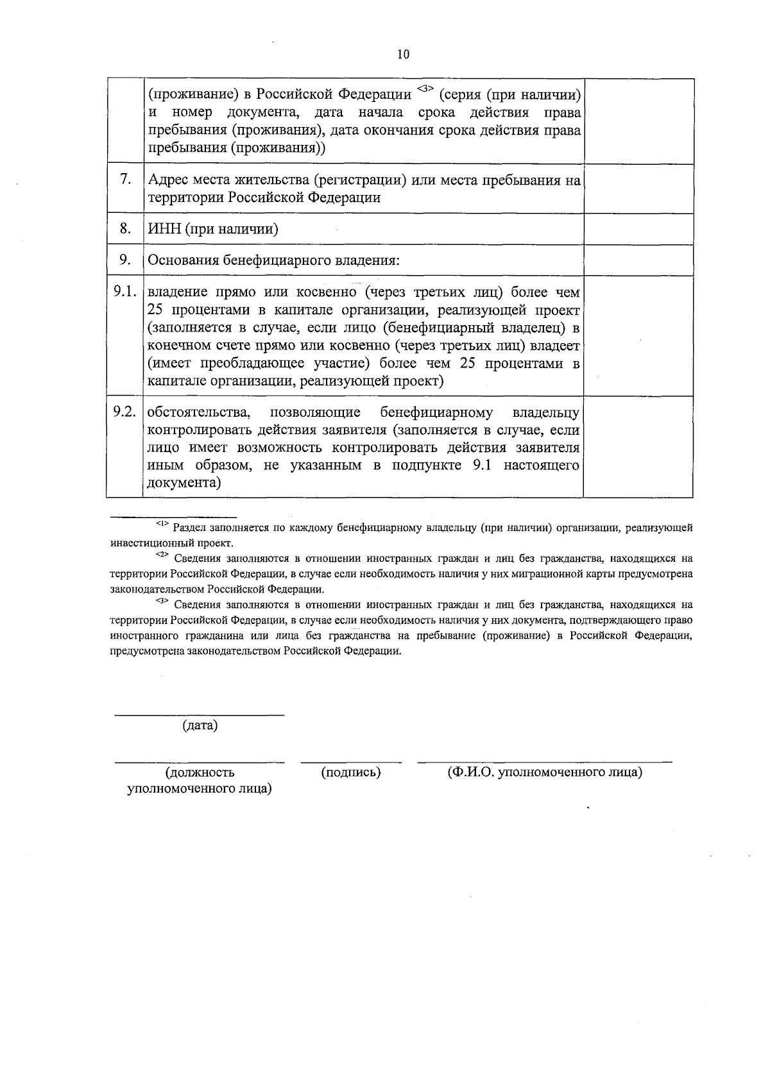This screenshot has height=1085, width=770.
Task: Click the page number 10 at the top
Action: tap(402, 55)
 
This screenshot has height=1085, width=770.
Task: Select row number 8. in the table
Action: tap(126, 228)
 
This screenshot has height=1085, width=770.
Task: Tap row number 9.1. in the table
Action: tap(124, 292)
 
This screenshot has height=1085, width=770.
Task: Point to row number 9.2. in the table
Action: tap(124, 412)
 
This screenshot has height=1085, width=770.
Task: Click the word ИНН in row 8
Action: tap(164, 229)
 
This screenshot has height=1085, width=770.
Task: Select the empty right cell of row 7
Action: tap(638, 189)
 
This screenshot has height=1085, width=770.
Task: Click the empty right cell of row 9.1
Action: tap(638, 336)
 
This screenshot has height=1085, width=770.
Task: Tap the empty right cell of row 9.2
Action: tap(638, 446)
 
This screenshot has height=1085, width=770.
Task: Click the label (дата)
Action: tap(200, 725)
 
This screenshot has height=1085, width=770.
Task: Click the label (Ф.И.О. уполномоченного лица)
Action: tap(545, 772)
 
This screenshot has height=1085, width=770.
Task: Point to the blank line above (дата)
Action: tap(199, 714)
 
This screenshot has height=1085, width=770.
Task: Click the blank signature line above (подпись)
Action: tap(351, 762)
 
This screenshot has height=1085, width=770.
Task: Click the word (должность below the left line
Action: tap(200, 772)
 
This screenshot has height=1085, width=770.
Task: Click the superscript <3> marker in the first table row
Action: tap(425, 88)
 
